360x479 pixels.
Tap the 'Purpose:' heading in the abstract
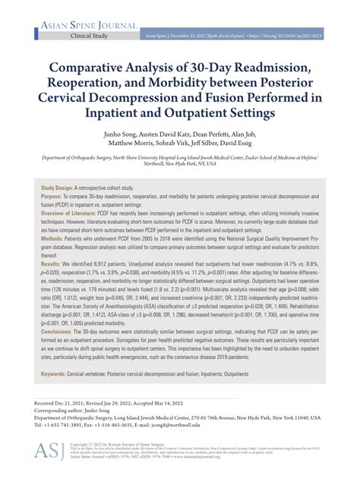[x=55, y=197]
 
